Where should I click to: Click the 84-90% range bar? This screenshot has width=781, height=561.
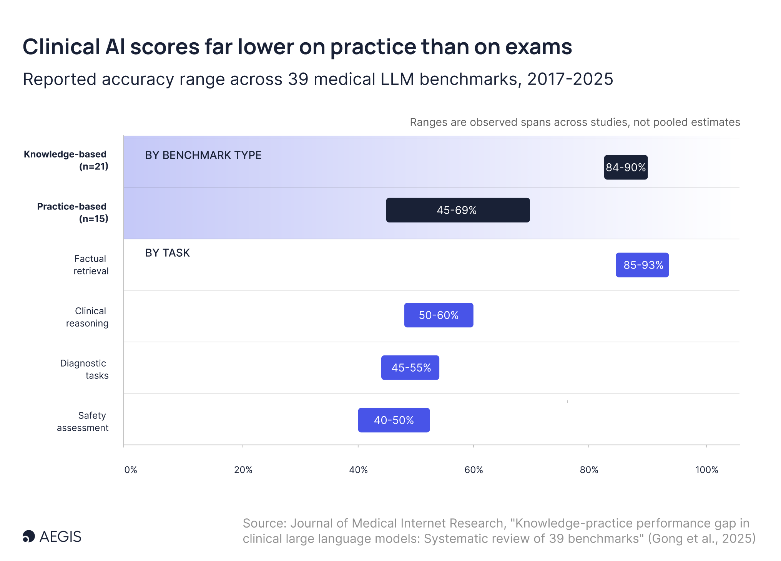pyautogui.click(x=626, y=167)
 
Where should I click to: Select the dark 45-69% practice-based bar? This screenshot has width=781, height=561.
pyautogui.click(x=458, y=210)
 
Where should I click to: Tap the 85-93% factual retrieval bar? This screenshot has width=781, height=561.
pyautogui.click(x=642, y=265)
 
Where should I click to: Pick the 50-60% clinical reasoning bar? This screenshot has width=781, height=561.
pyautogui.click(x=439, y=315)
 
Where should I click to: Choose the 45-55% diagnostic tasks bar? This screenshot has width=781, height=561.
pyautogui.click(x=410, y=368)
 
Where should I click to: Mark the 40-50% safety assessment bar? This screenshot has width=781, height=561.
pyautogui.click(x=394, y=420)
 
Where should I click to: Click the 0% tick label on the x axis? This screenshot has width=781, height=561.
pyautogui.click(x=131, y=470)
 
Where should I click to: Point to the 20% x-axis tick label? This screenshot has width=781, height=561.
pyautogui.click(x=243, y=470)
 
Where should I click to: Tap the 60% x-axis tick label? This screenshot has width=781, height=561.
pyautogui.click(x=474, y=470)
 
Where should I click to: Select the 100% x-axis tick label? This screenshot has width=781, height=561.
pyautogui.click(x=706, y=470)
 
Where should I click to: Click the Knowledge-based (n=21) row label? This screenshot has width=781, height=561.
pyautogui.click(x=66, y=160)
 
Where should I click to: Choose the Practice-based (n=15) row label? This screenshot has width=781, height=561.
pyautogui.click(x=73, y=212)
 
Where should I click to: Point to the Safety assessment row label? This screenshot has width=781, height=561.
pyautogui.click(x=83, y=422)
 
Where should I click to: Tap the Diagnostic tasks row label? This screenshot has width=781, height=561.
pyautogui.click(x=84, y=369)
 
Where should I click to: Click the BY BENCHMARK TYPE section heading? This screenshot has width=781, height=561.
pyautogui.click(x=203, y=155)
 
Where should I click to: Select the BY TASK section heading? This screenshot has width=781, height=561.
pyautogui.click(x=168, y=253)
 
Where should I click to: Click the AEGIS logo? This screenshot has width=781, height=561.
pyautogui.click(x=52, y=536)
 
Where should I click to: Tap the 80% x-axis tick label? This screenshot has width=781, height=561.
pyautogui.click(x=589, y=470)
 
